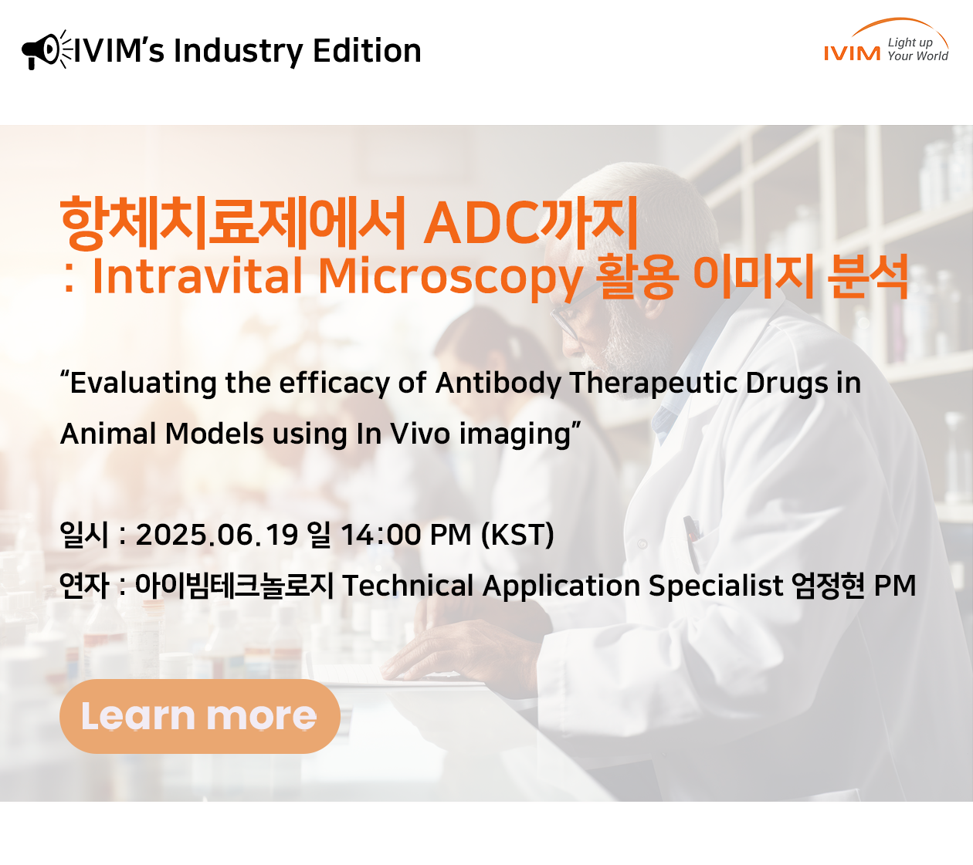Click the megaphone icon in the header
click(46, 50)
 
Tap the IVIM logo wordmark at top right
click(853, 53)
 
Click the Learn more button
click(200, 716)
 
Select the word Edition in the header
click(367, 50)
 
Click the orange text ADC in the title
click(481, 224)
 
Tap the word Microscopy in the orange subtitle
click(450, 278)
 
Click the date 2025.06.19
click(217, 534)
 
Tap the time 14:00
click(381, 534)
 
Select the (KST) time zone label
click(517, 535)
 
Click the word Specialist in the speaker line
click(716, 586)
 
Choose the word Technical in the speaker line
click(409, 586)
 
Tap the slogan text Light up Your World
click(917, 49)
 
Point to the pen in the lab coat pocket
click(692, 542)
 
